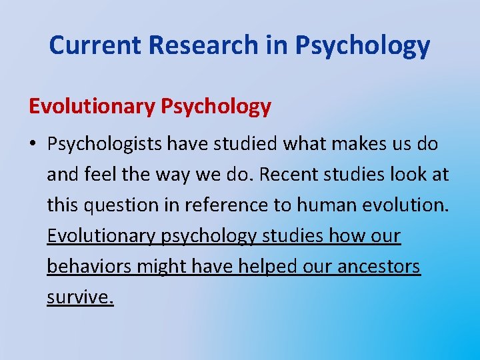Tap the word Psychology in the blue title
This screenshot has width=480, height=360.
click(x=362, y=45)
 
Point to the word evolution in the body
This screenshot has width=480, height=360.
click(x=407, y=206)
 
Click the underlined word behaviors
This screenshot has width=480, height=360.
click(x=89, y=267)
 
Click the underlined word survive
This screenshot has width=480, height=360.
click(x=80, y=297)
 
